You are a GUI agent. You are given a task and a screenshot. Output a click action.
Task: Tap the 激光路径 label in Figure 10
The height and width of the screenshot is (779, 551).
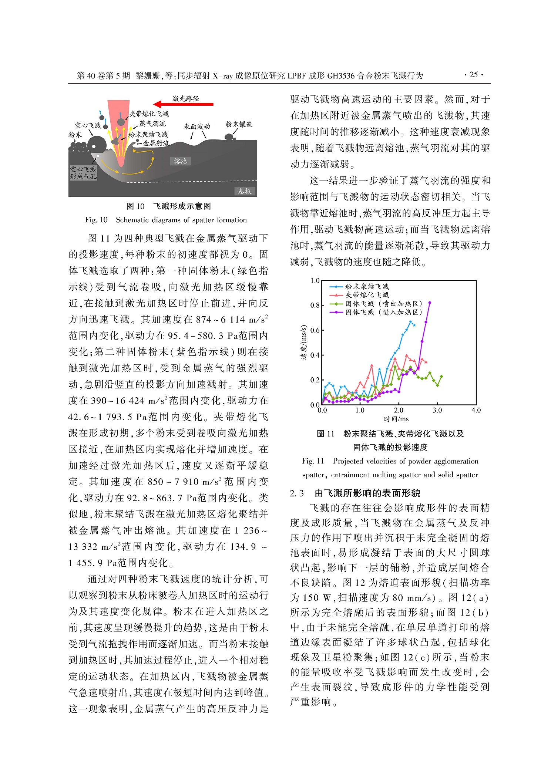pyautogui.click(x=186, y=98)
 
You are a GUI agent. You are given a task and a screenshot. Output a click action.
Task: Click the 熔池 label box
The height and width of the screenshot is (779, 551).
pyautogui.click(x=180, y=161)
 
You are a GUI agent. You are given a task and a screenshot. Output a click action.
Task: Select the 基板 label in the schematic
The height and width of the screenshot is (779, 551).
pyautogui.click(x=245, y=191)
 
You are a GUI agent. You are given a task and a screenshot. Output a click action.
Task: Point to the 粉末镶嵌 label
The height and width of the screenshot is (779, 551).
pyautogui.click(x=239, y=124)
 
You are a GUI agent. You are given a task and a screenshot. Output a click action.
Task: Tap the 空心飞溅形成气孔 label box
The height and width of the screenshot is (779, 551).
pyautogui.click(x=83, y=173)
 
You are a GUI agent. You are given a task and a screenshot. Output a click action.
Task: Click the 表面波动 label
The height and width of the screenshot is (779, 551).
pyautogui.click(x=197, y=127)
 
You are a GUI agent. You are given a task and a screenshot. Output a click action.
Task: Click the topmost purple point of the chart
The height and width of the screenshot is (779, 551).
pyautogui.click(x=430, y=303)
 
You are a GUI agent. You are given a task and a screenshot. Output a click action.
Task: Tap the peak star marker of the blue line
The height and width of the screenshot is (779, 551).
pyautogui.click(x=410, y=322)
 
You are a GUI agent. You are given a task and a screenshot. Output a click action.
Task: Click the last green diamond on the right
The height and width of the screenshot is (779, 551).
pyautogui.click(x=441, y=377)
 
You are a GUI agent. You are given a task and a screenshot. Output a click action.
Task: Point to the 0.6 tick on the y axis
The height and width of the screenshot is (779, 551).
pyautogui.click(x=315, y=330)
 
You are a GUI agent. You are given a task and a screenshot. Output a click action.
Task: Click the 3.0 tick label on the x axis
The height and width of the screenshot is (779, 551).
pyautogui.click(x=437, y=410)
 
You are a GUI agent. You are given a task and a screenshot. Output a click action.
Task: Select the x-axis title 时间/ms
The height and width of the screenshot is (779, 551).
pyautogui.click(x=396, y=419)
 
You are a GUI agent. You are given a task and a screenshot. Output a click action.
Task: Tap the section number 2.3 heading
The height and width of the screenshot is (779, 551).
pyautogui.click(x=297, y=493)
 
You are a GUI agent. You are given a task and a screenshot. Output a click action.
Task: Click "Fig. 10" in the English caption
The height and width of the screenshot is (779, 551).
pyautogui.click(x=96, y=220)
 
